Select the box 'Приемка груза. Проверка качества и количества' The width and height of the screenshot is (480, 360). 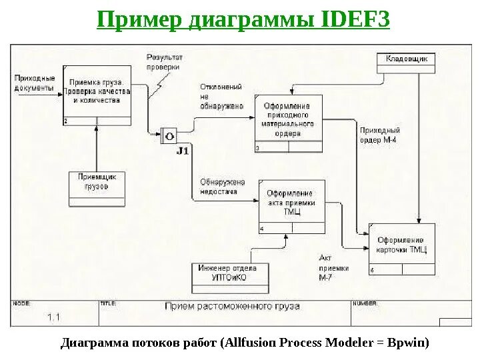(x=97, y=93)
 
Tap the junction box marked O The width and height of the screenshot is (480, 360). (x=169, y=136)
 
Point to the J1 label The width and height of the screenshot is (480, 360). (x=183, y=151)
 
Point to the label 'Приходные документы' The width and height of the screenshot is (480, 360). (x=33, y=83)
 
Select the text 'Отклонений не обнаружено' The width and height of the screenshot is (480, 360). (x=220, y=96)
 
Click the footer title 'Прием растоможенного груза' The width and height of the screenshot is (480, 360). (x=232, y=307)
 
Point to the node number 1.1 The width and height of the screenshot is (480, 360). (x=53, y=317)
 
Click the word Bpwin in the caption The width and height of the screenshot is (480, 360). (x=409, y=343)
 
